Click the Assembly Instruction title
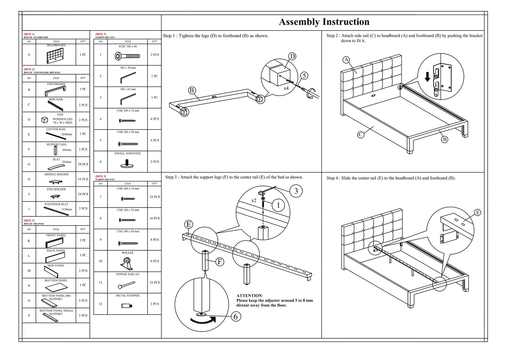(x=324, y=22)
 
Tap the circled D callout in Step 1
(x=292, y=56)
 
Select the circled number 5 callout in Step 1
(x=304, y=75)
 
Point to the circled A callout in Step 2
(x=347, y=60)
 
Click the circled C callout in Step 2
(x=361, y=134)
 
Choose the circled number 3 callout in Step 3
(x=296, y=191)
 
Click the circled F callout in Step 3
(x=220, y=262)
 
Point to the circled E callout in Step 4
(x=478, y=212)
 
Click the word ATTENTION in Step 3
(x=249, y=296)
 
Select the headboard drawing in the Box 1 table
(x=55, y=56)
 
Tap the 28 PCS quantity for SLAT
(x=83, y=164)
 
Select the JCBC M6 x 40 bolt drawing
(x=128, y=56)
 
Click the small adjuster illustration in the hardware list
(x=127, y=163)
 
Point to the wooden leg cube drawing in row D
(x=45, y=120)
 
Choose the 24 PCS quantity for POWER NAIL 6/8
(x=155, y=283)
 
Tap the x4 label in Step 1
(x=286, y=88)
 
